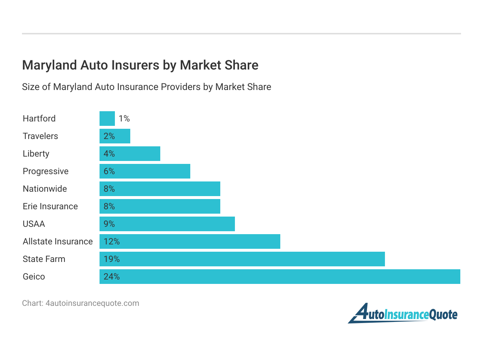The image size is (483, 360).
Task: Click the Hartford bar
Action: click(107, 119)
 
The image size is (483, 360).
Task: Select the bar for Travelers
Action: click(115, 136)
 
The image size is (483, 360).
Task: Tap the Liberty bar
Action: click(130, 154)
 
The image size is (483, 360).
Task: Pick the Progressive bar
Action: click(145, 171)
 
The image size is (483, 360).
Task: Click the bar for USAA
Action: click(167, 224)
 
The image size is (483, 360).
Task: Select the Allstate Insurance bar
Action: click(190, 241)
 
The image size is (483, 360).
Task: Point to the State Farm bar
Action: click(242, 259)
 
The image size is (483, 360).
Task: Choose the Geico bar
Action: click(280, 277)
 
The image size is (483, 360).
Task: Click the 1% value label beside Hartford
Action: click(124, 119)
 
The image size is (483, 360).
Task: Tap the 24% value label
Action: click(112, 277)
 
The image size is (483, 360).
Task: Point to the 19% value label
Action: click(112, 259)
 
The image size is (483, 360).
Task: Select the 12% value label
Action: click(112, 241)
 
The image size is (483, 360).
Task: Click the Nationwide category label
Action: click(45, 189)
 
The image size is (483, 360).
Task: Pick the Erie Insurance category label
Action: click(50, 206)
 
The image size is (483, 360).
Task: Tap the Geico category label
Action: click(34, 277)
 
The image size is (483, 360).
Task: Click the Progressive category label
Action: click(45, 171)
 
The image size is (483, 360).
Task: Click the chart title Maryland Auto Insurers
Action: click(140, 65)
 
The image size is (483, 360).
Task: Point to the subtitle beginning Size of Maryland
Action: click(146, 87)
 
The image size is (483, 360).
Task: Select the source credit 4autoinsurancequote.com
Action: click(80, 303)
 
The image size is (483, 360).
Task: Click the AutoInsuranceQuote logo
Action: click(402, 314)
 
